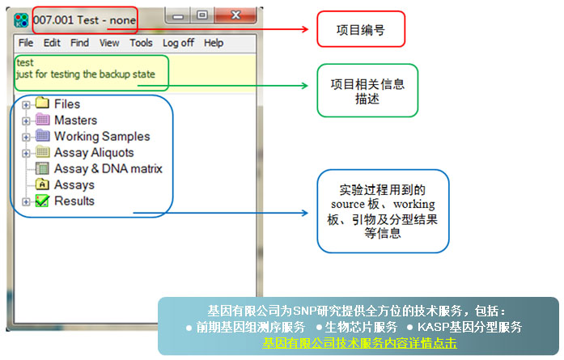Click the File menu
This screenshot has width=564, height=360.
pos(26,43)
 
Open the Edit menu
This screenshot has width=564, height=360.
pos(52,43)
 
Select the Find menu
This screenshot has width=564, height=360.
pos(79,43)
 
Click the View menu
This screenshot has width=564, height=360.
pos(109,43)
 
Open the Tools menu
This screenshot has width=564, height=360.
pos(141,43)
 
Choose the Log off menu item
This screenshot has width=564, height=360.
pos(178,43)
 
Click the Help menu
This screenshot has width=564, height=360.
pos(214,43)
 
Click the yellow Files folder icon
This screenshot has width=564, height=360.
pos(43,104)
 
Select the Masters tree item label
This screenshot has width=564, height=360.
pos(75,120)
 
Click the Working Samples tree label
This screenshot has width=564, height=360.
pos(102,136)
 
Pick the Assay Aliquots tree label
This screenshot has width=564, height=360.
pos(94,152)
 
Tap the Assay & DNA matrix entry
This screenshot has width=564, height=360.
pos(108,168)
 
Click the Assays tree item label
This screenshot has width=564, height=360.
pos(74,184)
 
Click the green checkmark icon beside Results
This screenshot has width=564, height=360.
pos(43,201)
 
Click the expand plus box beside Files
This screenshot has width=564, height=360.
pos(27,104)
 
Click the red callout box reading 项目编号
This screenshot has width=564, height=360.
pos(359,29)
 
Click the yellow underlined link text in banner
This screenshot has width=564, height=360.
pos(358,343)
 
